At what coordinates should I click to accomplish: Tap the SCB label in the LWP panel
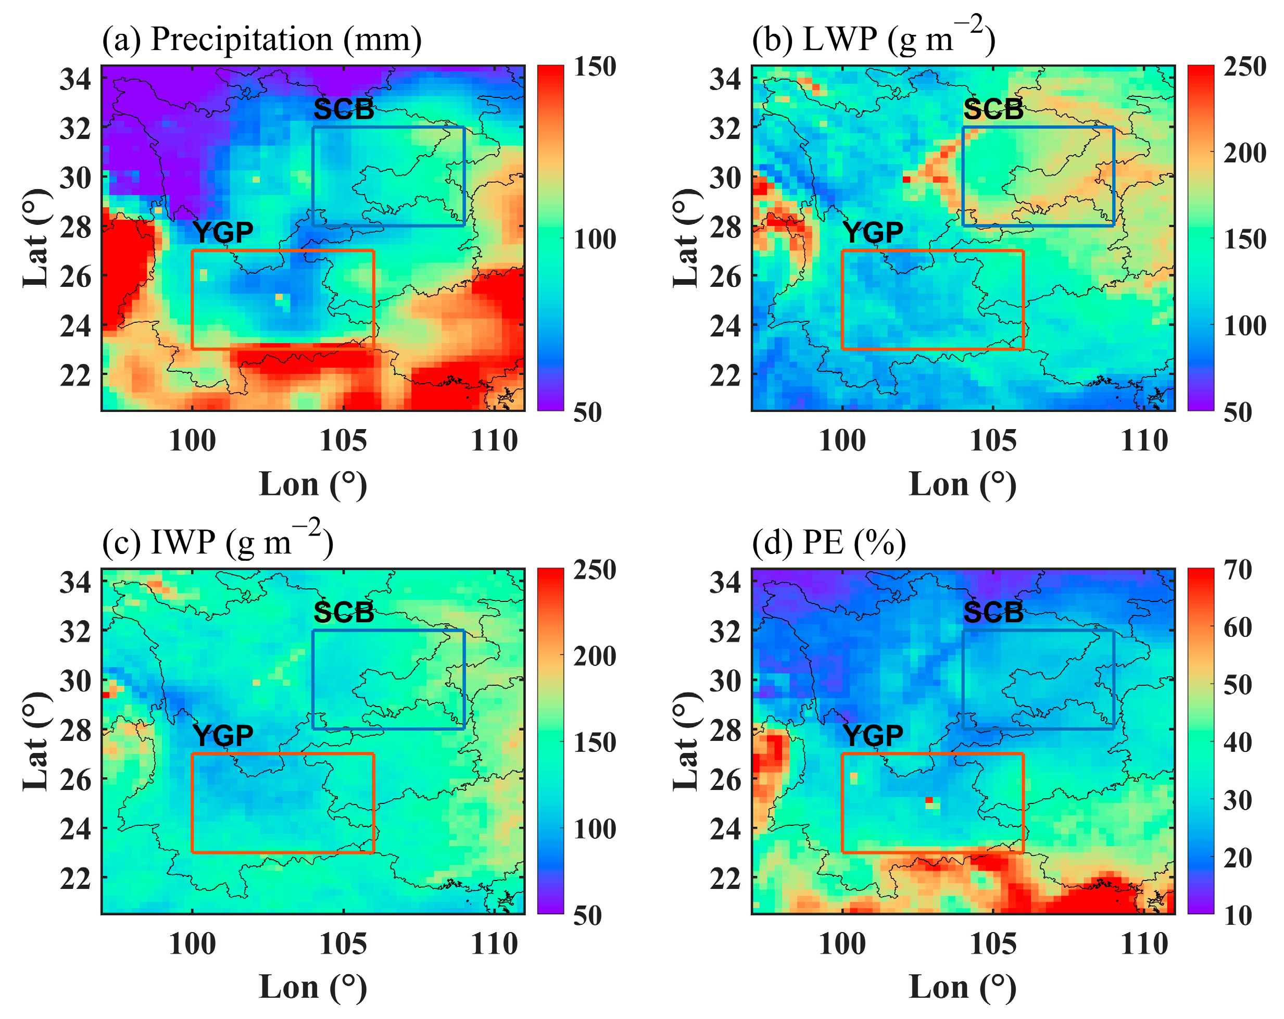point(993,109)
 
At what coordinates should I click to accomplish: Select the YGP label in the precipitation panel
point(223,232)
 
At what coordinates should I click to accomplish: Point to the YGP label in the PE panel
point(873,736)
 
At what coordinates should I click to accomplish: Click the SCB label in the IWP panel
point(344,613)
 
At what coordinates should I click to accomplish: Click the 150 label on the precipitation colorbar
point(594,67)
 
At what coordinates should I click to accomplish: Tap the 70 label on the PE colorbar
point(1238,570)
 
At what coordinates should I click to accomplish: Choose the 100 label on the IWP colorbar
point(594,829)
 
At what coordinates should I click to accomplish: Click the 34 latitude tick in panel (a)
point(75,79)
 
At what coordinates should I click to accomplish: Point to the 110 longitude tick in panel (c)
point(494,944)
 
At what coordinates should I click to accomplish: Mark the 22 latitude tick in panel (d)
point(725,878)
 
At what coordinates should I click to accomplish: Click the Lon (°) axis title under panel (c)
point(312,987)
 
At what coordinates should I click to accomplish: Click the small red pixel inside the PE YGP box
point(929,800)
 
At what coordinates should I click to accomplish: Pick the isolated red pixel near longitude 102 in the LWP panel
point(907,179)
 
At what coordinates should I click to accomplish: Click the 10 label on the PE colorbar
point(1238,916)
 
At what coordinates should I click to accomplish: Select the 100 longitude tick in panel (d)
point(842,944)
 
